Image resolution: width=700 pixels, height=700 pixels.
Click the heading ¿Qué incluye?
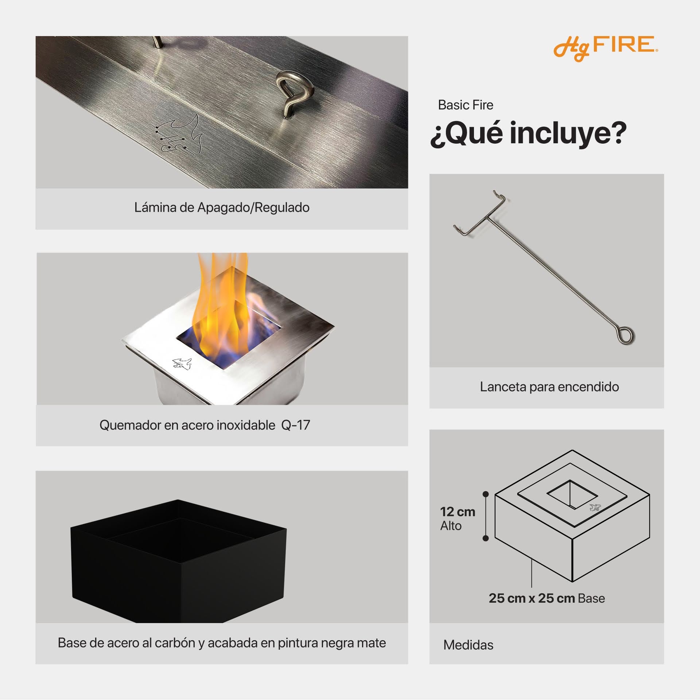[x=528, y=133]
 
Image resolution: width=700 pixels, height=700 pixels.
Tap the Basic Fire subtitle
[x=466, y=105]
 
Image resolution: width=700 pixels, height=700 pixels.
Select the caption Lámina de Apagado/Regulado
[x=222, y=207]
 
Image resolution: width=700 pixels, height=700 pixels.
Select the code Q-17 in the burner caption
[x=296, y=425]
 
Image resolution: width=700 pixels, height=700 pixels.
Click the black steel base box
[x=179, y=561]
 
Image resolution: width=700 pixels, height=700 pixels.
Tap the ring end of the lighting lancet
[x=627, y=335]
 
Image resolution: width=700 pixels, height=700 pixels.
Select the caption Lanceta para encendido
[x=549, y=387]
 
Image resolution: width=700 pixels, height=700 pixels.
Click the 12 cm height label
[x=458, y=512]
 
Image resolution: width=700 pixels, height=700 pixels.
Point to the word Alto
[x=451, y=526]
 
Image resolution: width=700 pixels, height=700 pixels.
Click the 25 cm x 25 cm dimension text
[x=532, y=598]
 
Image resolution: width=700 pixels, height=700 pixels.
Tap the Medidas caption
[x=468, y=645]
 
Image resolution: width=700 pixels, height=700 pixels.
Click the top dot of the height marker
[x=486, y=494]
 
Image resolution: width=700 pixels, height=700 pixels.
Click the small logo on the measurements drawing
[x=595, y=507]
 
